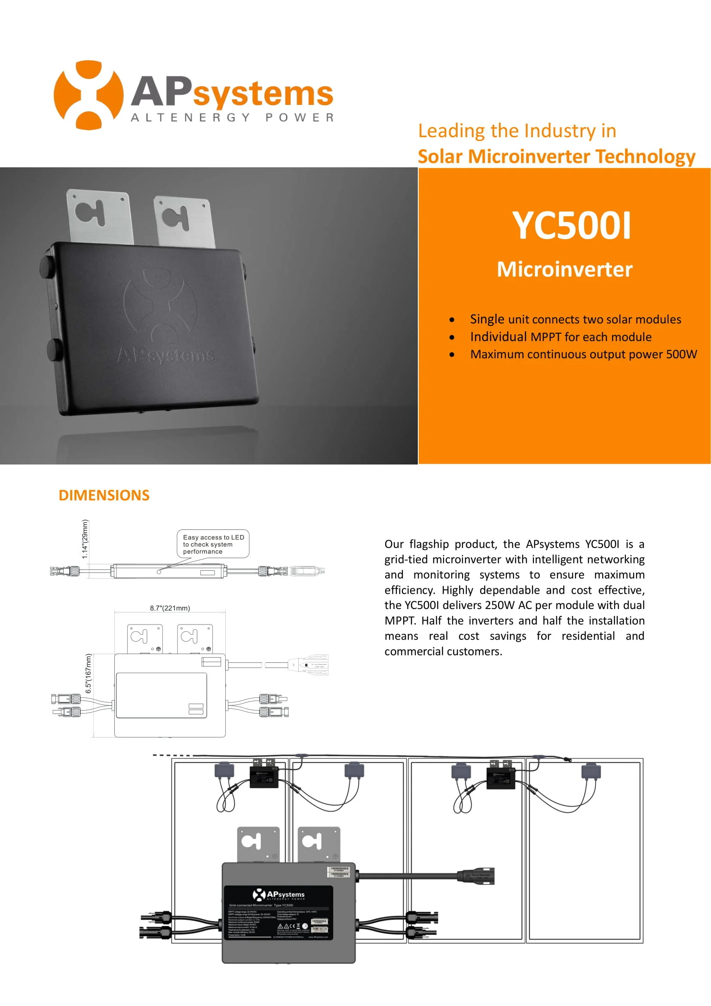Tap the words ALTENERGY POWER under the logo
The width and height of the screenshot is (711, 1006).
point(232,118)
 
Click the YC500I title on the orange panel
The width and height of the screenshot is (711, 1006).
point(571,226)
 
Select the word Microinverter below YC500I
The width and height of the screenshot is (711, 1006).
point(564,269)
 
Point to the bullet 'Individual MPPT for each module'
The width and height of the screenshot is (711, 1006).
point(561,337)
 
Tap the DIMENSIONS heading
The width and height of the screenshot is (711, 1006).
point(104,495)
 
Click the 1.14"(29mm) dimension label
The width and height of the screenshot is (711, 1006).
point(85,539)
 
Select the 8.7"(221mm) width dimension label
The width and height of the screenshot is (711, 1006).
point(170,608)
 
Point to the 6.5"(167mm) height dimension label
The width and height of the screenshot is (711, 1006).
point(89,674)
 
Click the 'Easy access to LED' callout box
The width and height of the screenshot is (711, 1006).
point(213,544)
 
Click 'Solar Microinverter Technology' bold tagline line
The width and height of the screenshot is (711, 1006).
point(556,157)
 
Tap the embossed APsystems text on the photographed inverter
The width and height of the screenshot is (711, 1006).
point(166,354)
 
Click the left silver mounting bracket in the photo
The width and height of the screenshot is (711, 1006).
point(100,216)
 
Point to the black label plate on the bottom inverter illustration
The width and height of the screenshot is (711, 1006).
point(279,912)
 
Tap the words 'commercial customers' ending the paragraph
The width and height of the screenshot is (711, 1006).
point(443,652)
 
